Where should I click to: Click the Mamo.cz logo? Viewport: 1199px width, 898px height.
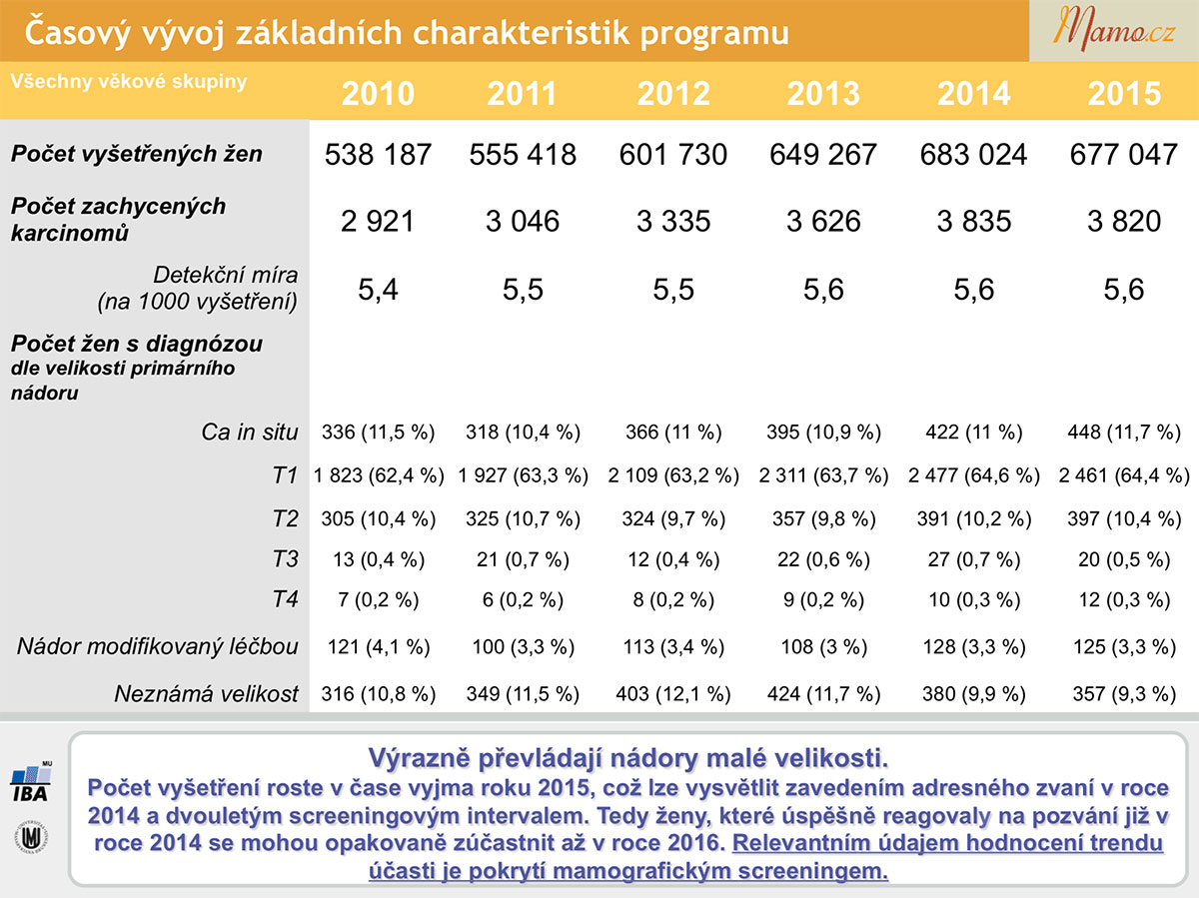point(1113,30)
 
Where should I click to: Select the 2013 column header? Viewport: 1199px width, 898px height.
point(823,93)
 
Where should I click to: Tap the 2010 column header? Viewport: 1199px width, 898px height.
point(378,93)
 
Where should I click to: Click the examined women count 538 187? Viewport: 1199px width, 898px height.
point(378,155)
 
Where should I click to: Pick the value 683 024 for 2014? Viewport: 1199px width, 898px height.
point(973,155)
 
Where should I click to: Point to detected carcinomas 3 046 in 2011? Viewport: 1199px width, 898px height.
point(523,221)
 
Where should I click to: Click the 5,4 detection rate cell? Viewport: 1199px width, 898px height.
point(378,290)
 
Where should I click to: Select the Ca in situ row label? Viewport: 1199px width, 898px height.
point(250,433)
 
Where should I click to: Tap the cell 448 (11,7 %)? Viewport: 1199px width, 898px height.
point(1124,433)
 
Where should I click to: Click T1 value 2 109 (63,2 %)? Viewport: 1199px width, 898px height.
point(673,475)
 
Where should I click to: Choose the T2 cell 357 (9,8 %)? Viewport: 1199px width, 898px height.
point(823,518)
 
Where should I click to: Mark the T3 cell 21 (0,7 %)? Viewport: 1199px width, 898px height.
point(523,559)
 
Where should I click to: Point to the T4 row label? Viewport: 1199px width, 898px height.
point(285,599)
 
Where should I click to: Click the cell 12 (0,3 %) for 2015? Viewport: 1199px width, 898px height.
point(1124,600)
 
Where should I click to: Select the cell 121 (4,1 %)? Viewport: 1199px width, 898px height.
point(379,647)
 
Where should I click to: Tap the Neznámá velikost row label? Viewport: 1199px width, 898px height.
point(206,694)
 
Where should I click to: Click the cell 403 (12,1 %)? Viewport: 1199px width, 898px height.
point(673,694)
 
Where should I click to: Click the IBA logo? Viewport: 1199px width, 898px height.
point(31,782)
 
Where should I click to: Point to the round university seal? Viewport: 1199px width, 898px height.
point(31,837)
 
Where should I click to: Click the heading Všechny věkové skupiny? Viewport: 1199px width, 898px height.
point(129,81)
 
